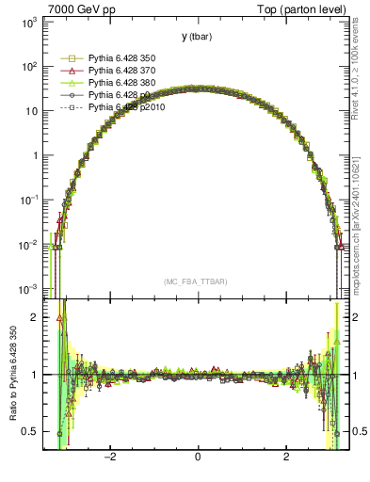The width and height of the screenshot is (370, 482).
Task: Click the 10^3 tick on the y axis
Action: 30,21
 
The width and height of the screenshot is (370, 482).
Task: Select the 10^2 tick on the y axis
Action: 30,66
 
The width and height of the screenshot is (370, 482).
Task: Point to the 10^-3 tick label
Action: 28,288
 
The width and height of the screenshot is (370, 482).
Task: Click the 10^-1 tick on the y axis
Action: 28,200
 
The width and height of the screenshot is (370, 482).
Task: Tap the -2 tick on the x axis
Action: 110,457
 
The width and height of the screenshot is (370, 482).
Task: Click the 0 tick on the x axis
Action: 198,457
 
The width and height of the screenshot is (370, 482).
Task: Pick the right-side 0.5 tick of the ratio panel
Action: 358,431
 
